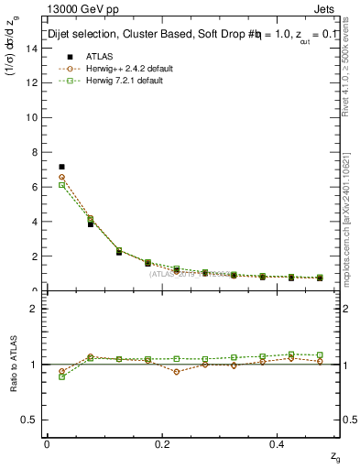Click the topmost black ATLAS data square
pos(61,167)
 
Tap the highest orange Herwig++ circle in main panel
pos(61,177)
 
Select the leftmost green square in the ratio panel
pos(61,376)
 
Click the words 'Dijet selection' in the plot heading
pos(84,36)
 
